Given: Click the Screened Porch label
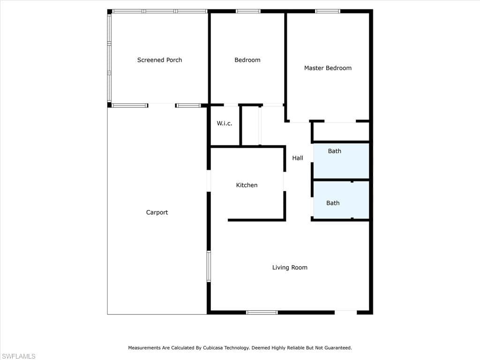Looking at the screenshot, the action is tap(159, 60).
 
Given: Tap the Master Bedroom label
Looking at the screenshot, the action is tap(328, 68).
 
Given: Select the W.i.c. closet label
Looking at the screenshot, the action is tap(225, 123).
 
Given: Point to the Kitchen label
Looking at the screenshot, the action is tap(247, 185).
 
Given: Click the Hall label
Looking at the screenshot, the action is tap(298, 158).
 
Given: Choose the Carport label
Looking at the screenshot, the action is tap(157, 212).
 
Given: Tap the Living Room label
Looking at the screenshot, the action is tap(290, 267).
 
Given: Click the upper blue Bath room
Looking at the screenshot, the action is tap(341, 161).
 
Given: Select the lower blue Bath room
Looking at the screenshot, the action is tap(341, 200).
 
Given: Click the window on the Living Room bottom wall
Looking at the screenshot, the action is tap(262, 312).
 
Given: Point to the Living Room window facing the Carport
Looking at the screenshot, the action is tap(209, 266).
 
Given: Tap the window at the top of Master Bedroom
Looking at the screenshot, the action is tap(328, 11).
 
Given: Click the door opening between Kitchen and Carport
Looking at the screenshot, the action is tap(209, 180).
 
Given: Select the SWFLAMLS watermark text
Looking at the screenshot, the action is tap(18, 356).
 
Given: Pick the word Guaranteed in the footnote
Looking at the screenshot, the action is tap(338, 348).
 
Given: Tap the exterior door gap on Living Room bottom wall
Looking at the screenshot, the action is tap(345, 312).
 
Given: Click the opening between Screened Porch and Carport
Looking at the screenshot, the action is tap(162, 105).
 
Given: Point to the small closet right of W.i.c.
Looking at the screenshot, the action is tap(250, 126).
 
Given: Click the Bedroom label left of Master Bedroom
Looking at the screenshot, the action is tap(247, 60).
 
